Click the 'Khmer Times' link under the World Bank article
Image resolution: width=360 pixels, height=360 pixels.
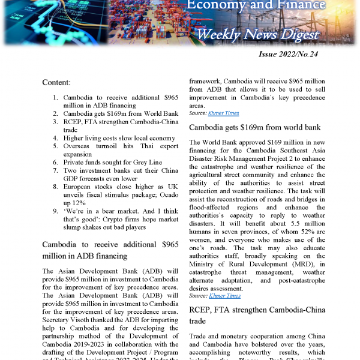tap(224, 296)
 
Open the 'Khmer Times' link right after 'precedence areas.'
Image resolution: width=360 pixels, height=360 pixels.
tap(224, 113)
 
